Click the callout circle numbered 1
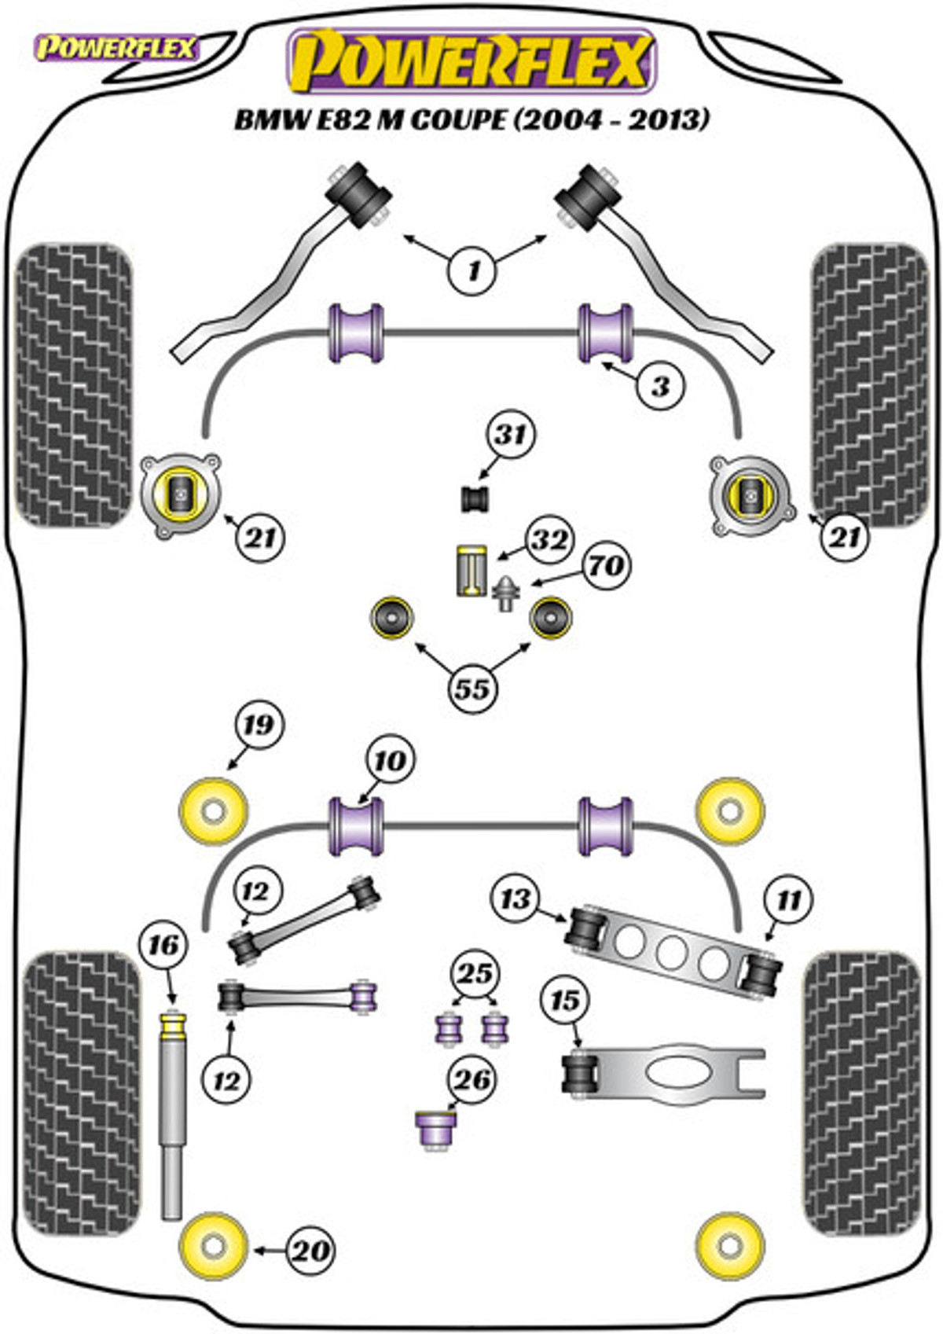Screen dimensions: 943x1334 473,271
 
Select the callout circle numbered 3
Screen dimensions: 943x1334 661,387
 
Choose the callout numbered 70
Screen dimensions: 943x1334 605,565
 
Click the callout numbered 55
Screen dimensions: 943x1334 473,689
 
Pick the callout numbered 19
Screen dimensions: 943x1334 259,726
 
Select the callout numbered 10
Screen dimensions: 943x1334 390,760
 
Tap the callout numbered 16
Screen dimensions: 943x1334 164,945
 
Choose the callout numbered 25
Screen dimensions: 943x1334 475,974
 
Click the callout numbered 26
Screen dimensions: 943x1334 473,1080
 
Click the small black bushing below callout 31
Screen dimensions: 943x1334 475,499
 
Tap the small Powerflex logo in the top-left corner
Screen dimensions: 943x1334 116,49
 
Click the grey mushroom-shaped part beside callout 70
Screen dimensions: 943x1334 506,594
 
